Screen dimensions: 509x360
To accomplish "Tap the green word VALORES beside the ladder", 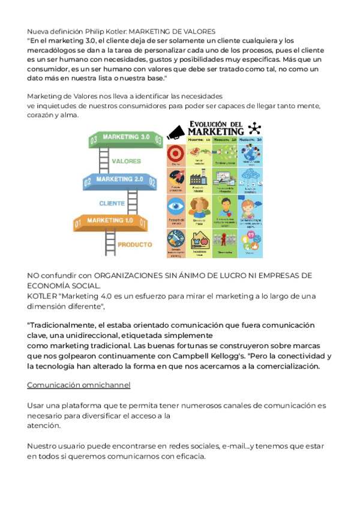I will (x=127, y=161).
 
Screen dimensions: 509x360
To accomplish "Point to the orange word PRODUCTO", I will (x=134, y=245).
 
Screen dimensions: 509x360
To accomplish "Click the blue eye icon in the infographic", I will (x=176, y=206).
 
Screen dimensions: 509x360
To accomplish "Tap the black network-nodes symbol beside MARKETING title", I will (x=256, y=128).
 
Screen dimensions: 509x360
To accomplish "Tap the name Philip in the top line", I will (x=101, y=31).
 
